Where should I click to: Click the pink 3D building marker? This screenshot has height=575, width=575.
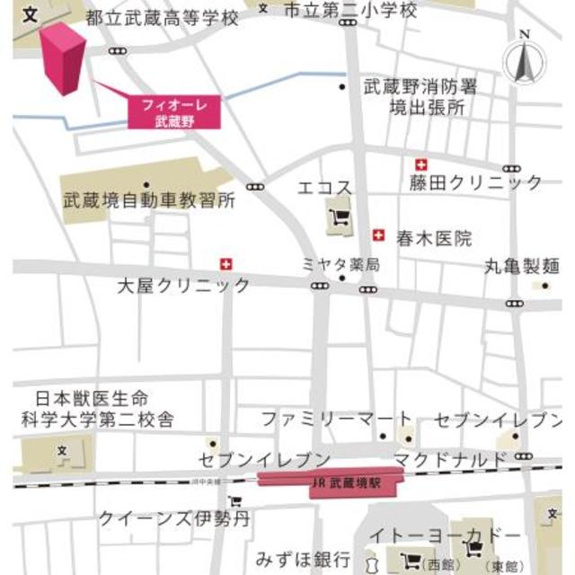63,58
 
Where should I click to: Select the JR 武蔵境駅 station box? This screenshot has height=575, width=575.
331,482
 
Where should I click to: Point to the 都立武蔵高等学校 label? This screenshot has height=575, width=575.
164,17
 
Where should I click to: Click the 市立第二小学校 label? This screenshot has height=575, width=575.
350,11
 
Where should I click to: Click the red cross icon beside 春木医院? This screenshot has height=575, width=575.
379,235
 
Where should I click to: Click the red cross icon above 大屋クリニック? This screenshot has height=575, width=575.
226,264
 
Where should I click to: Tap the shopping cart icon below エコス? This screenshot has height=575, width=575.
341,217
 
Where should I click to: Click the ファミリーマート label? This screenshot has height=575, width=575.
337,420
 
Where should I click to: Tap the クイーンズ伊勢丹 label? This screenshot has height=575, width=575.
174,518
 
